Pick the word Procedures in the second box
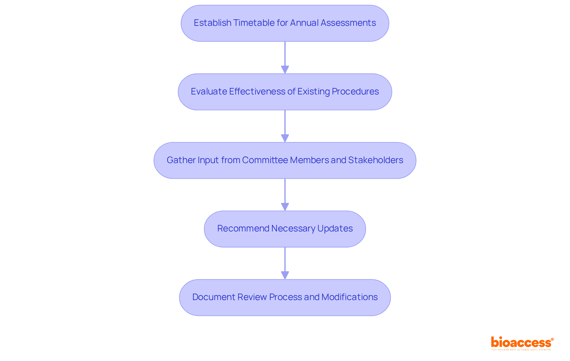tap(355, 92)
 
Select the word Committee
tap(265, 160)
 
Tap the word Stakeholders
tap(376, 160)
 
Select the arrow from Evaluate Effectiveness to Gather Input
tap(285, 126)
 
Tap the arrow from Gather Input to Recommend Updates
tap(285, 195)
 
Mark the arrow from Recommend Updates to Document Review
tap(285, 263)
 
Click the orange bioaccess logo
tap(522, 343)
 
